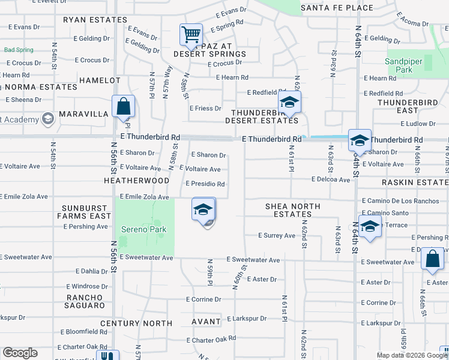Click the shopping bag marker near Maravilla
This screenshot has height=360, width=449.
tap(123, 107)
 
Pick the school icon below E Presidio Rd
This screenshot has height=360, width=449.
tap(203, 210)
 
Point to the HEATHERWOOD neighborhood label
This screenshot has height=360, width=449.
tap(136, 180)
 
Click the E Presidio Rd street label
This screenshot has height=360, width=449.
tap(205, 184)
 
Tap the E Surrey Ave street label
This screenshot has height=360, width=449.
tap(276, 236)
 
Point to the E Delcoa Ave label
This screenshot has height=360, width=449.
tap(330, 179)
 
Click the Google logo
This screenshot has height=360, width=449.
tap(20, 353)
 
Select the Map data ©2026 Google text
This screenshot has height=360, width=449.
tap(412, 355)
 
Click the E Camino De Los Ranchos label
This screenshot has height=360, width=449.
tap(400, 201)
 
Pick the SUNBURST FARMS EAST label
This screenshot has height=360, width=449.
tap(85, 212)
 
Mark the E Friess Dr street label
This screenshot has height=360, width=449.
tap(205, 109)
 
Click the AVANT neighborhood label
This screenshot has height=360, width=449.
tap(206, 322)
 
